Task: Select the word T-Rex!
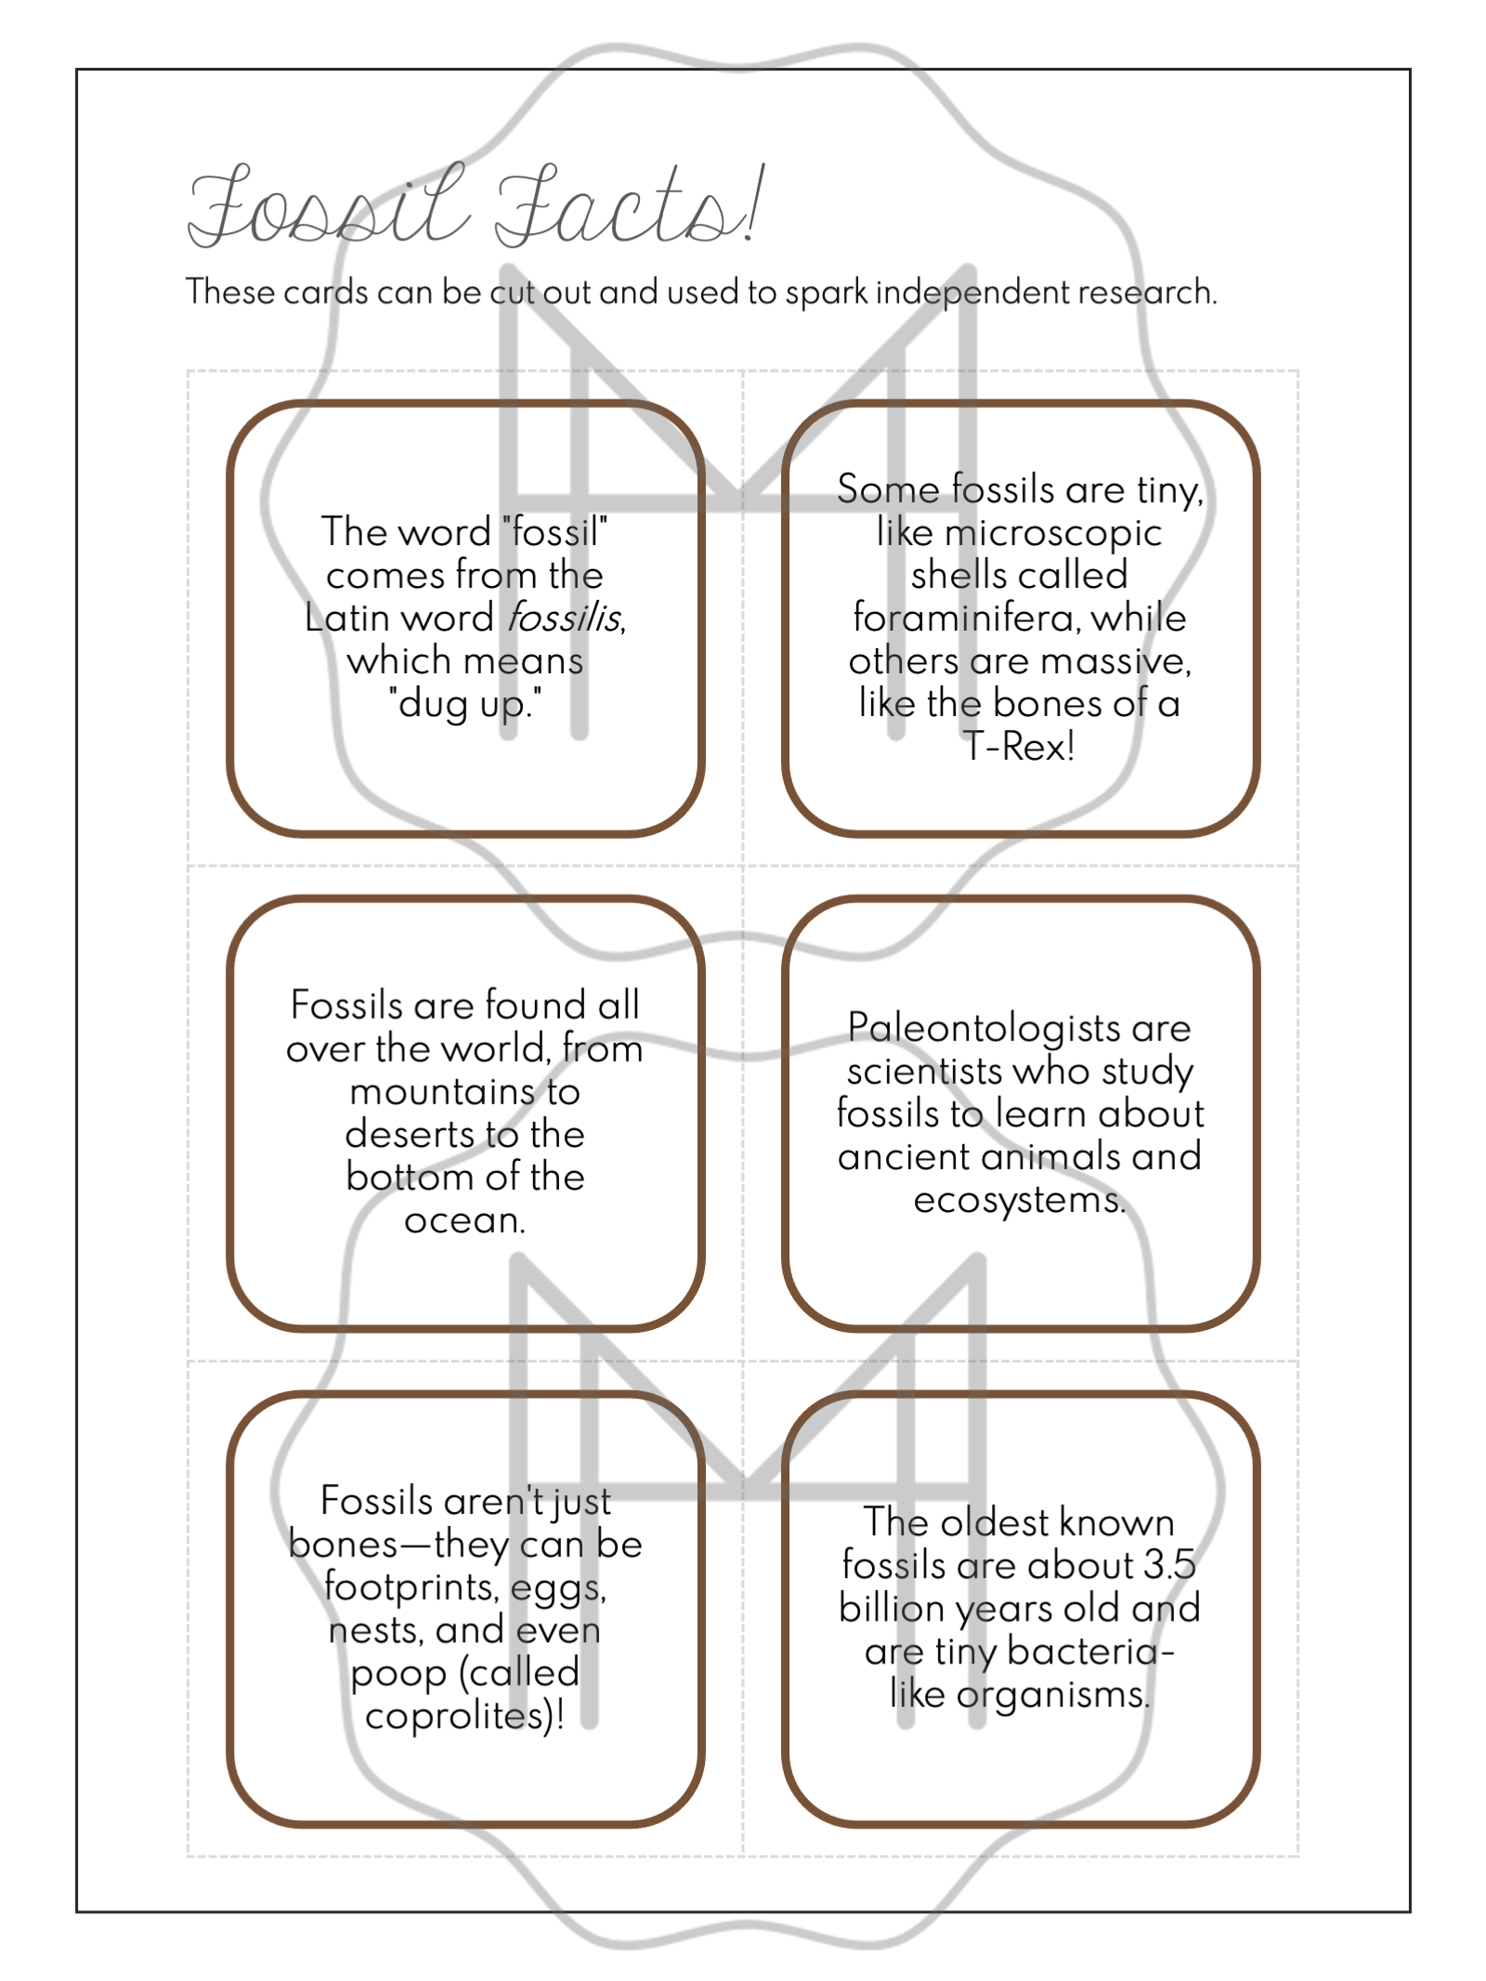1019,746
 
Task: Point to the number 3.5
1168,1565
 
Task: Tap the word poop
398,1674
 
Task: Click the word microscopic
1053,533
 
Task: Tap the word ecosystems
1018,1200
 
